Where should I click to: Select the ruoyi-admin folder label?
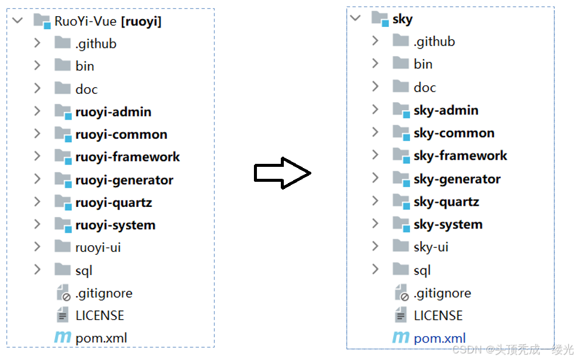pos(113,112)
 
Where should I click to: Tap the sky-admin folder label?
pos(446,110)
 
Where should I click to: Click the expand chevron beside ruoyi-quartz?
pos(37,202)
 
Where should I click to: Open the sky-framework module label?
pos(460,155)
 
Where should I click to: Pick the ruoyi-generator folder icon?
pos(63,179)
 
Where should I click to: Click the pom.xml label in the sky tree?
pos(439,338)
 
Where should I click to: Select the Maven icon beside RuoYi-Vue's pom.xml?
pos(62,338)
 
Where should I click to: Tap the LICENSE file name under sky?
pos(438,316)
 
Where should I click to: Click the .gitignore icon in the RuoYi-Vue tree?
pos(63,293)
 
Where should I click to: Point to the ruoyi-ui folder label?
pos(99,247)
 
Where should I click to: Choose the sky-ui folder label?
pos(431,247)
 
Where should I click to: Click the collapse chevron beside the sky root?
pos(356,18)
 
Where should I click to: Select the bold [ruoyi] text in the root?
pos(141,22)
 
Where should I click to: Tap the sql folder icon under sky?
pos(400,270)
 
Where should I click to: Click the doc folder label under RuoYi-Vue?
pos(86,89)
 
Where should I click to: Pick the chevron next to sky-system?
pos(375,224)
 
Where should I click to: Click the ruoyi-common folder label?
pos(121,135)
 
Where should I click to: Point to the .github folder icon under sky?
pos(400,41)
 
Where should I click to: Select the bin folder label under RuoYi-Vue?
pos(85,66)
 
